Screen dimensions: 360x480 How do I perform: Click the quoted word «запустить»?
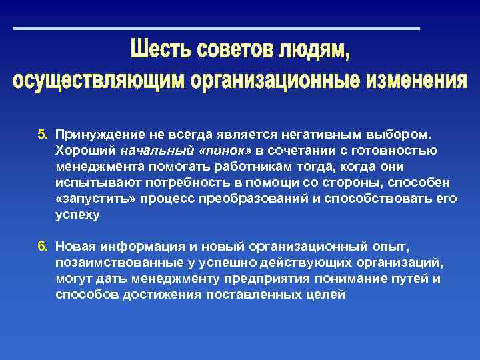[x=89, y=199]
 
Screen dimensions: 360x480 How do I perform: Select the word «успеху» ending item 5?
[x=77, y=215]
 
